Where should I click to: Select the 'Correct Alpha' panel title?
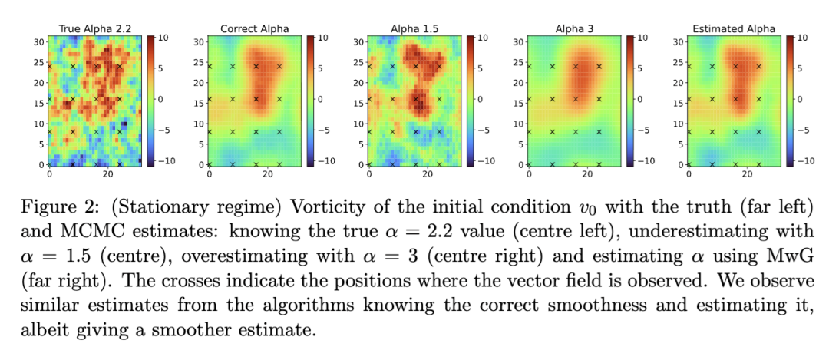point(254,29)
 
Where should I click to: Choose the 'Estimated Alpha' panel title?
point(735,29)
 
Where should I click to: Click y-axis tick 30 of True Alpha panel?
point(39,41)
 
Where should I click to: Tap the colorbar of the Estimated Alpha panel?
point(790,101)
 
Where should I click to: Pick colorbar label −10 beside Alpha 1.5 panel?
point(485,161)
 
